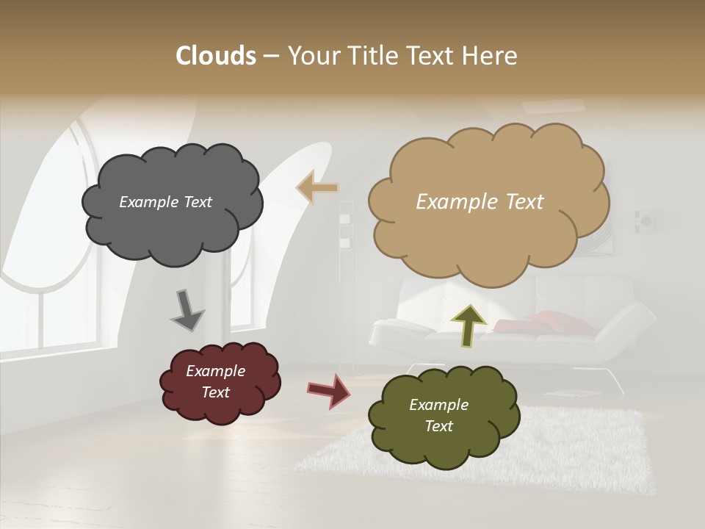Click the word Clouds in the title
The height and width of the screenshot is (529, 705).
(x=215, y=56)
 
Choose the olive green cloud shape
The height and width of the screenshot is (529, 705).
(x=444, y=416)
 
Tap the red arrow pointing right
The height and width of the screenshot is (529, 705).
(x=329, y=390)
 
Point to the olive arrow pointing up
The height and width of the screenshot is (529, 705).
(x=468, y=325)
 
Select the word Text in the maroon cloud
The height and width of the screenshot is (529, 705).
(x=215, y=392)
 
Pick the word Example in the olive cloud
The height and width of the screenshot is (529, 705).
(x=438, y=405)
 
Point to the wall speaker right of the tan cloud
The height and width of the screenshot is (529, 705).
(x=646, y=220)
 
